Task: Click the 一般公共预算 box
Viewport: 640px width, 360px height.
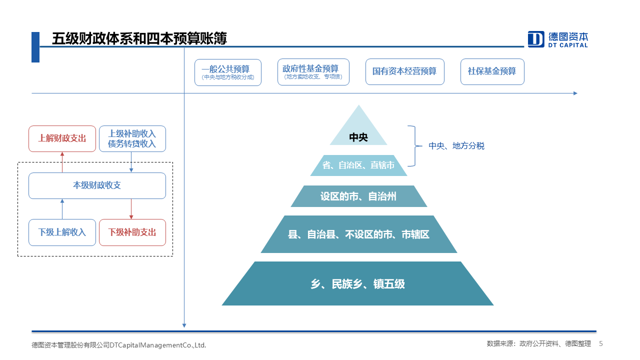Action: coord(227,72)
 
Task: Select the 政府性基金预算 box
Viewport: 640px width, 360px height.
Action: coord(313,72)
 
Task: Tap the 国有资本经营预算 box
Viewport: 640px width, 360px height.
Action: coord(405,71)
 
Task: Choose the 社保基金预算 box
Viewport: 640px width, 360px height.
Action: coord(492,71)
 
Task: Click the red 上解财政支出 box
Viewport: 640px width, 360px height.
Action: coord(62,138)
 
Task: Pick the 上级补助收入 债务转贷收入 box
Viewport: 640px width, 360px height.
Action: coord(132,138)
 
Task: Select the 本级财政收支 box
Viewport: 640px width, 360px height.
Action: coord(97,185)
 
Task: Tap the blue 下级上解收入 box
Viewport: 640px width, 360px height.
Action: coord(62,232)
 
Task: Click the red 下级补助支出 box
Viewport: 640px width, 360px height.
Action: coord(132,232)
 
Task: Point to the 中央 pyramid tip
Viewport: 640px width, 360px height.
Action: coord(358,105)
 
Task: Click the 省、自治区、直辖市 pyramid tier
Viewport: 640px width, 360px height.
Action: coord(358,165)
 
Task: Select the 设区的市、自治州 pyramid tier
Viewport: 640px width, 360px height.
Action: coord(358,196)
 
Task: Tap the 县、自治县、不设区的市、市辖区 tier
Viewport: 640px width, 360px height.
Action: coord(358,234)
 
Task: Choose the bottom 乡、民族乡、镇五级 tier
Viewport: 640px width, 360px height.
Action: coord(357,283)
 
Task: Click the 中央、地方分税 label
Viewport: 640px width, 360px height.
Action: coord(456,146)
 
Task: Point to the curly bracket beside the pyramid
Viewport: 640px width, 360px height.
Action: coord(415,145)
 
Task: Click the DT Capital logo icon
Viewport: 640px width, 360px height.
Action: coord(535,39)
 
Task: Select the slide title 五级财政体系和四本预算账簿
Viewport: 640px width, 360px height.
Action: coord(139,38)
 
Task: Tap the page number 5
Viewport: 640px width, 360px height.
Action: coord(601,343)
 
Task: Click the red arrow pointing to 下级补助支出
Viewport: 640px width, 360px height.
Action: coord(131,209)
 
